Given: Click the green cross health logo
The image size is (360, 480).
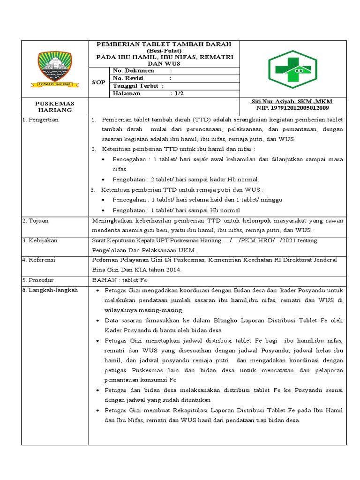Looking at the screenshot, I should point(292,69).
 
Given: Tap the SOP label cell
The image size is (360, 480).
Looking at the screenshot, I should point(98,82).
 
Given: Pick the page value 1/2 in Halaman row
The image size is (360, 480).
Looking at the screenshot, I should point(179,93).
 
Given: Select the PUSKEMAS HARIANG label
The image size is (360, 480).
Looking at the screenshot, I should point(55,106).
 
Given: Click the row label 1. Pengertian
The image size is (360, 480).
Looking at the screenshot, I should point(41,120).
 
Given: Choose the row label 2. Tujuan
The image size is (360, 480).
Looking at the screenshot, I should point(36,220).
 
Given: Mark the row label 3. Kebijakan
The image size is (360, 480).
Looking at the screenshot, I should point(40,240).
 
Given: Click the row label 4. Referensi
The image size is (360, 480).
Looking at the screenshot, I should point(40,260).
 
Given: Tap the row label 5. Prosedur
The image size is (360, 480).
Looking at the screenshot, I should point(39,280).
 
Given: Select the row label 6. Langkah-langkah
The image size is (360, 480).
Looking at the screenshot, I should point(50,291).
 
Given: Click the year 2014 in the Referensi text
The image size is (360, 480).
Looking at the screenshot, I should point(172,270).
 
